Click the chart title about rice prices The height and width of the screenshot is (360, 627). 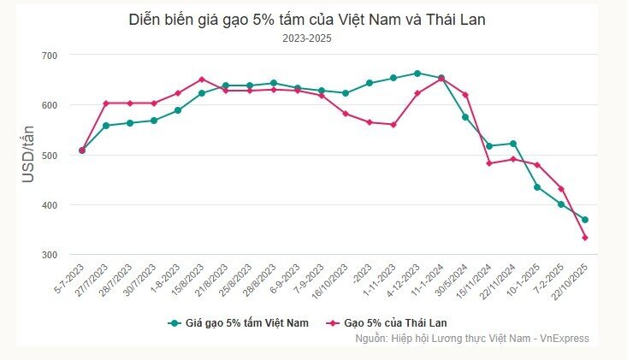(306, 19)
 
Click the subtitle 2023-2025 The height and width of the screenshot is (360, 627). (306, 38)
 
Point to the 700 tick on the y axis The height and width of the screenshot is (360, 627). (50, 56)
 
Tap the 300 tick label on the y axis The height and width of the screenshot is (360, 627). (50, 255)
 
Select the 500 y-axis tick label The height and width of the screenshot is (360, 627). (50, 156)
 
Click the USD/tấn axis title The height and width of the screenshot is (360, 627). (28, 155)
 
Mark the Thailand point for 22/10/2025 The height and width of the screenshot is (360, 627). (585, 238)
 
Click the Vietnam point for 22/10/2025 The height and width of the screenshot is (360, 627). (585, 220)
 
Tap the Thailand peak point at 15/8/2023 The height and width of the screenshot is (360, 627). (202, 80)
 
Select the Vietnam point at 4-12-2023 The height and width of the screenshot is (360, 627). (417, 74)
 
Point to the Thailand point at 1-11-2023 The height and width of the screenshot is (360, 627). (393, 125)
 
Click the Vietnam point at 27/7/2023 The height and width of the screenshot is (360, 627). (106, 126)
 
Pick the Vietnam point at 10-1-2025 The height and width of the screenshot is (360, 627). (537, 187)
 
